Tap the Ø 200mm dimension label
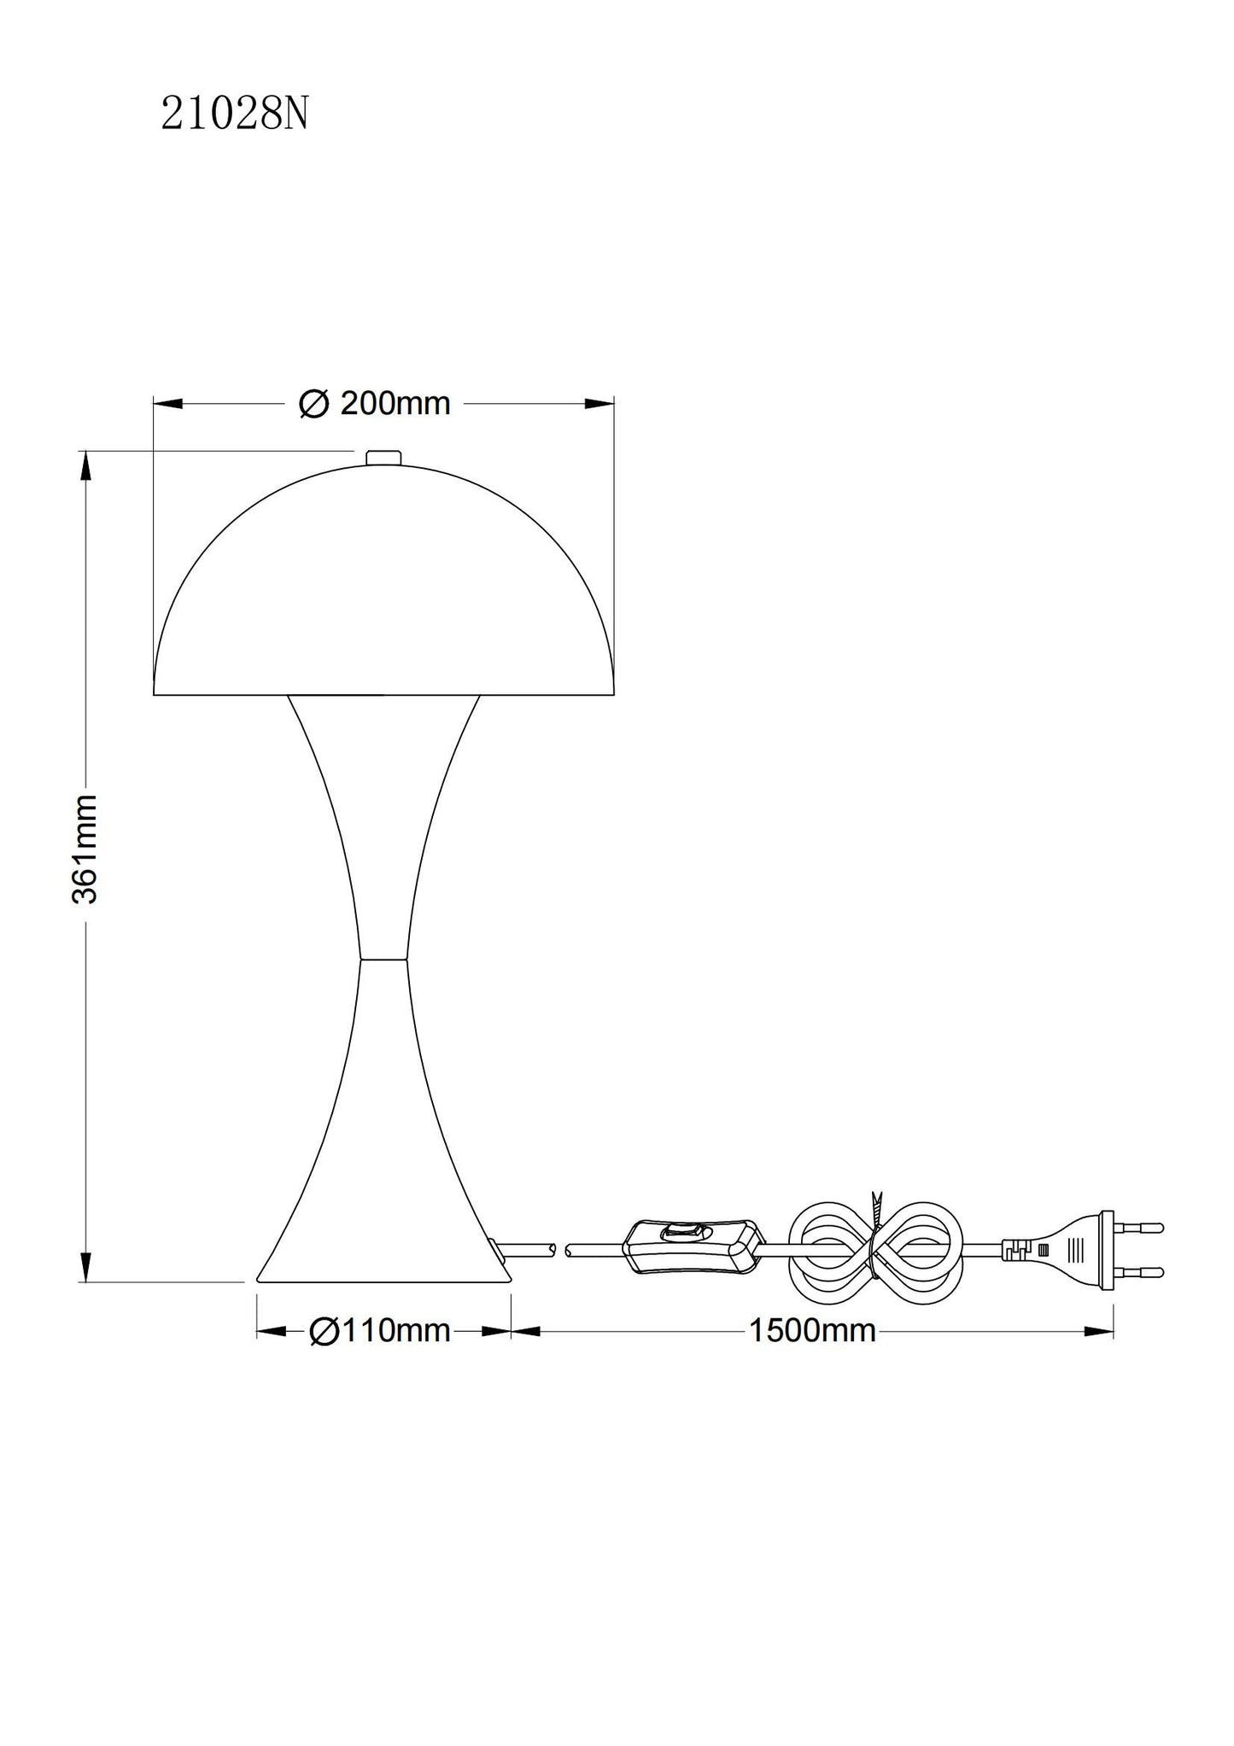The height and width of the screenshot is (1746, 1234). point(375,404)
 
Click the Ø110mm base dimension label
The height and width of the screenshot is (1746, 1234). point(379,1330)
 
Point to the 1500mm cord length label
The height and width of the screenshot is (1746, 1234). point(812,1330)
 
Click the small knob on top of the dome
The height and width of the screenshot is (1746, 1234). point(383,458)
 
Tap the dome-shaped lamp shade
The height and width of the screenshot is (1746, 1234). point(383,589)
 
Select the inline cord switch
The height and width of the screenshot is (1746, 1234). point(693,1247)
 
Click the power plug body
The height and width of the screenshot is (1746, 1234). point(1059,1249)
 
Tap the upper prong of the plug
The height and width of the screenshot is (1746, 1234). point(1141,1228)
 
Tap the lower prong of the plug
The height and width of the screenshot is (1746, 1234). point(1141,1271)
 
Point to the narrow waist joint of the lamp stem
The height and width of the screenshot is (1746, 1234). point(383,959)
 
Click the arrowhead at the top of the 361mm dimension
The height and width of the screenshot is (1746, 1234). point(85,466)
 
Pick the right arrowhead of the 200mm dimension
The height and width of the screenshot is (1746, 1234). point(599,404)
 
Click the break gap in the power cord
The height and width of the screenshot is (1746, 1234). point(560,1251)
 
